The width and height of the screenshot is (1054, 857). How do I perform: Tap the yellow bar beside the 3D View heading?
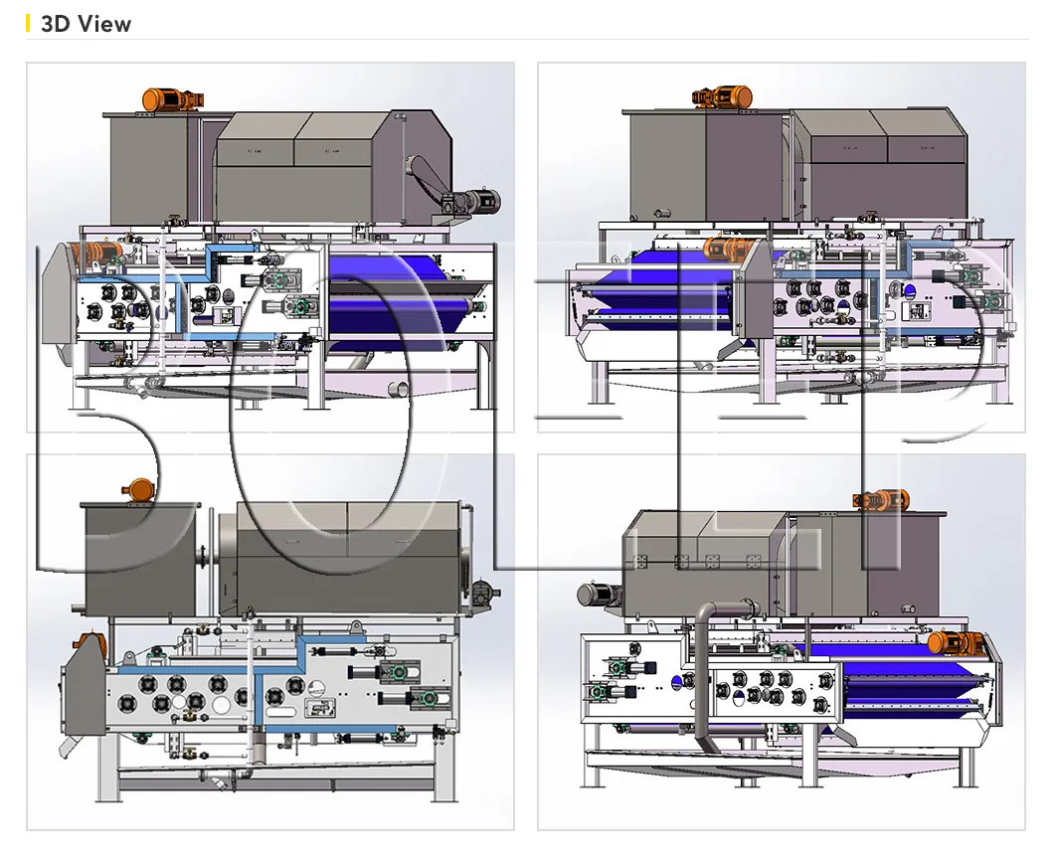click(29, 24)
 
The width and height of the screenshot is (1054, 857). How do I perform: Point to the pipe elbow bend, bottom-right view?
click(707, 611)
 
